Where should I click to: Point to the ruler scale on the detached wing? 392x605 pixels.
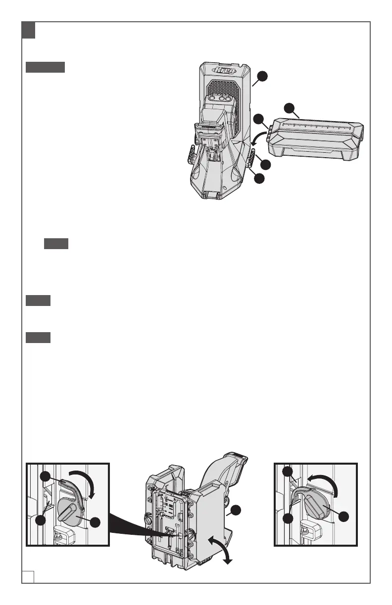pos(317,125)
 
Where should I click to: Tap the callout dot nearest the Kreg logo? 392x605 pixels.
pos(263,76)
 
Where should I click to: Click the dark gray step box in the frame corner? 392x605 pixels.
pos(28,31)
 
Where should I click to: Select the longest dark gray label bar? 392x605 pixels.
pos(45,68)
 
